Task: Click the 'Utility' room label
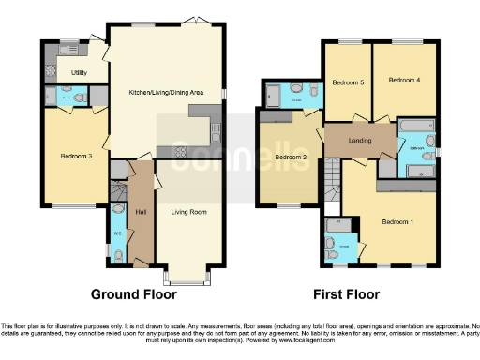pos(79,72)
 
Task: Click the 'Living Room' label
pos(187,212)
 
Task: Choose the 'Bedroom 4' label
pos(404,80)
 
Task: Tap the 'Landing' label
pos(358,141)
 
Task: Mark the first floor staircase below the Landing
pos(331,174)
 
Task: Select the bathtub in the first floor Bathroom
pos(415,126)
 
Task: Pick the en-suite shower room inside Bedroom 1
pos(337,240)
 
